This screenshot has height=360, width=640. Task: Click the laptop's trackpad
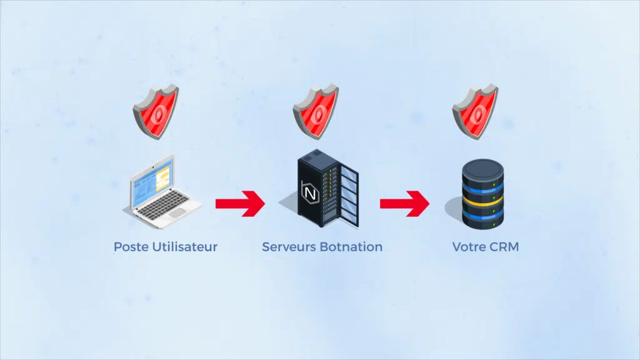pos(177,212)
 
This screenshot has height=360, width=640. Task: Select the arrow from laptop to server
pos(240,204)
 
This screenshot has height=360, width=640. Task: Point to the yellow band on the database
pos(482,202)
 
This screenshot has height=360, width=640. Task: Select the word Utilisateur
pos(184,247)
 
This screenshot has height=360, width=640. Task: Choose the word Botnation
pos(351,247)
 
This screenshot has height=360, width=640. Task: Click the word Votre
pos(469,247)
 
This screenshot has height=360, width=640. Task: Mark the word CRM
pos(504,247)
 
